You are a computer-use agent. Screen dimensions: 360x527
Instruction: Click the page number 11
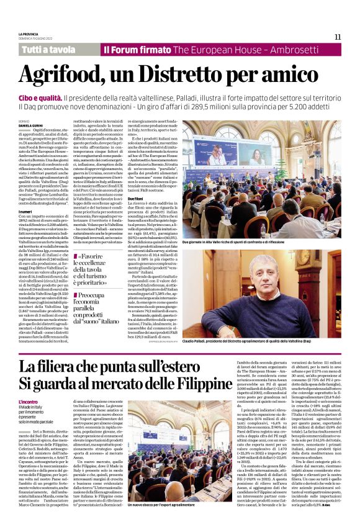coord(338,37)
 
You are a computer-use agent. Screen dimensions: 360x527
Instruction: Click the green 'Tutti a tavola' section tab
coord(48,49)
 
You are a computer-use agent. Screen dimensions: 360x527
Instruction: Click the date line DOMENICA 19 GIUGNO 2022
coord(36,38)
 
